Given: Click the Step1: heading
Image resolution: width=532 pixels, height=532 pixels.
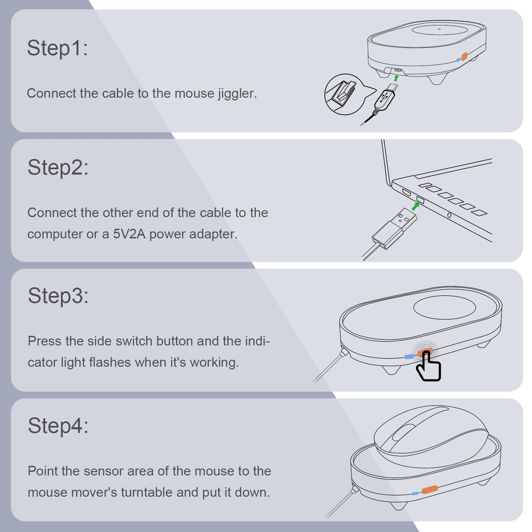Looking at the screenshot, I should click(x=57, y=48).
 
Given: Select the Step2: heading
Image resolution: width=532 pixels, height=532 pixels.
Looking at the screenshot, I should click(x=58, y=168).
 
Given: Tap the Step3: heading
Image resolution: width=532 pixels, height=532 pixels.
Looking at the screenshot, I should click(x=58, y=296).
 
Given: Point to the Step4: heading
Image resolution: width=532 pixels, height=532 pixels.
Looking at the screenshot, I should click(x=58, y=426).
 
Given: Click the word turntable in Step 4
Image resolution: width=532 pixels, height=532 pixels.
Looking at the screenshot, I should click(x=147, y=492).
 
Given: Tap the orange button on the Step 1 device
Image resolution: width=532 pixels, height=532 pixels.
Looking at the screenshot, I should click(x=463, y=56).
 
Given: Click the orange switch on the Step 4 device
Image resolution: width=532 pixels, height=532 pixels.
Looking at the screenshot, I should click(x=429, y=488).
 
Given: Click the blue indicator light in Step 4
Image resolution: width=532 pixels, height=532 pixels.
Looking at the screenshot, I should click(x=414, y=493).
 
